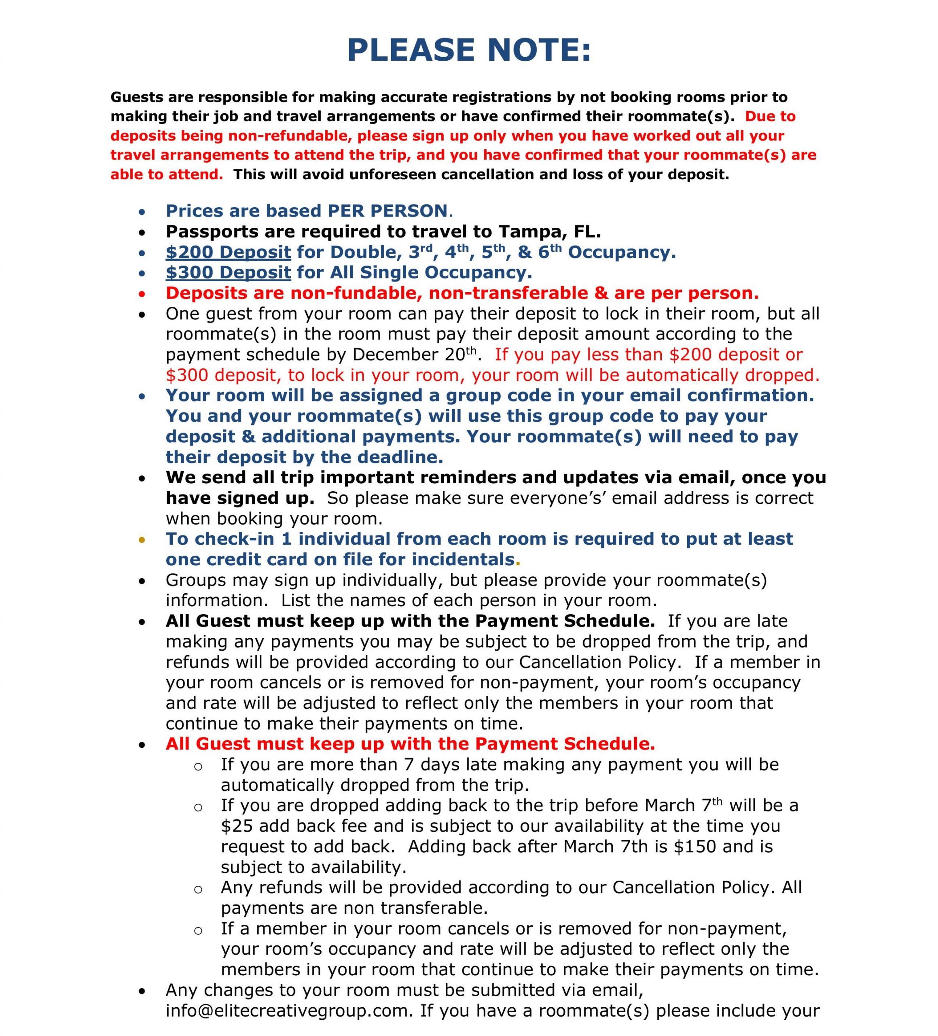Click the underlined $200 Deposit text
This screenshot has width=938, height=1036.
[228, 252]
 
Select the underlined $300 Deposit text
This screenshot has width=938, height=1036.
[228, 272]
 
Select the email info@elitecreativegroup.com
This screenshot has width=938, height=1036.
[287, 1011]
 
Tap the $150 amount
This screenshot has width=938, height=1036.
[695, 846]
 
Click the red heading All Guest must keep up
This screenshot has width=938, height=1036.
[410, 743]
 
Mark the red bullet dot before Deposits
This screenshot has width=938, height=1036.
[142, 294]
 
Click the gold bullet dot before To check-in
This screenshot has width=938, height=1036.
[142, 539]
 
